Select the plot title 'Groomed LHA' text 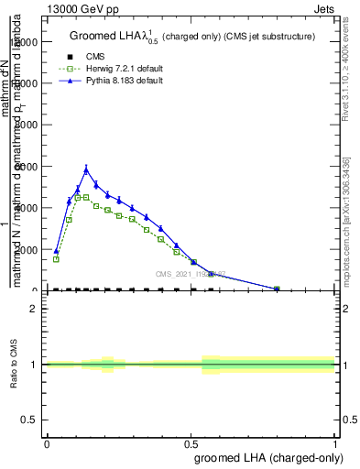pos(114,37)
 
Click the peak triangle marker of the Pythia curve pos(87,169)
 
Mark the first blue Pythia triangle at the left pos(56,251)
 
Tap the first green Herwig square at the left pos(56,259)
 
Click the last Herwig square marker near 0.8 pos(277,289)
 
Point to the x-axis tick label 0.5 pos(191,443)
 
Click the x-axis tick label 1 pos(335,443)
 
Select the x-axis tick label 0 pos(47,443)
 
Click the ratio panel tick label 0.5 pos(30,420)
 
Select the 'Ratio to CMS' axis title pos(15,364)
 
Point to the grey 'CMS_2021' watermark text pos(188,274)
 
